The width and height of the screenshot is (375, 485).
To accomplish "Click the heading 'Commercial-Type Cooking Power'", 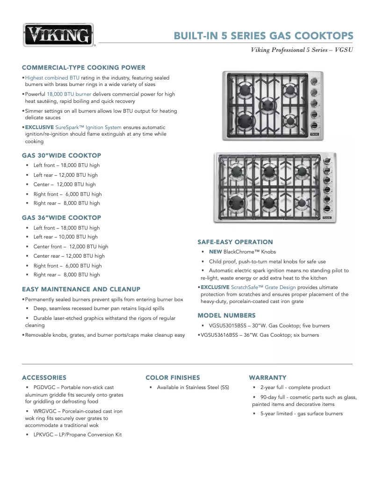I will pos(83,67).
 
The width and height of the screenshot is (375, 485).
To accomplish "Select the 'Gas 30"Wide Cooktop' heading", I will pos(61,155).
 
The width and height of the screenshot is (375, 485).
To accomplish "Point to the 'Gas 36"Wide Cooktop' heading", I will pos(61,217).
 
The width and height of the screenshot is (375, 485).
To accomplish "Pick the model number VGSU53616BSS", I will pos(222,335).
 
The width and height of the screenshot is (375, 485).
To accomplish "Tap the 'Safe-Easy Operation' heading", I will pos(235,242).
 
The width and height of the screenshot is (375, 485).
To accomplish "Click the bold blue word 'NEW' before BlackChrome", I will pos(215,252).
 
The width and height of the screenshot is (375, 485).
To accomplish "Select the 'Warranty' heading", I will pos(267,377).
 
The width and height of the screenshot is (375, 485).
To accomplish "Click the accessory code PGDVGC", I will pos(44,387).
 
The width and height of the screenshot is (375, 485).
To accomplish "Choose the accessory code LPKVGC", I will pos(44,434).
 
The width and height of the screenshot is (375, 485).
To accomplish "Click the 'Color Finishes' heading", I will pos(173,377).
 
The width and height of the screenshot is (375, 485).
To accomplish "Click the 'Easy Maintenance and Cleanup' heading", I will pos(81,289).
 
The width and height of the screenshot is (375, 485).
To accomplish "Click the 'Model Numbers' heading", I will pos(226,315).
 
